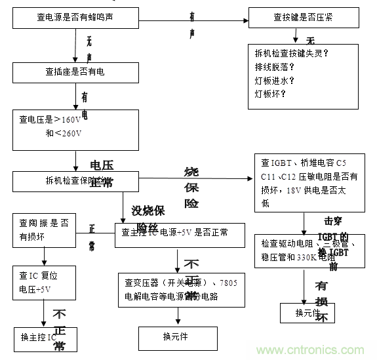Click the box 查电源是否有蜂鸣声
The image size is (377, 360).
pyautogui.click(x=77, y=18)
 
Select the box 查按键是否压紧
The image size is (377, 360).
pyautogui.click(x=303, y=18)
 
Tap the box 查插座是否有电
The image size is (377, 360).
pyautogui.click(x=76, y=71)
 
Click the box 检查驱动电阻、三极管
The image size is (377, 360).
pyautogui.click(x=303, y=249)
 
